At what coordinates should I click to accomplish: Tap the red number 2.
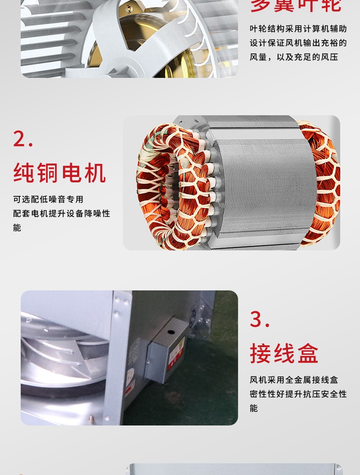23,139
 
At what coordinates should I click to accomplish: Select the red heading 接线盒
284,353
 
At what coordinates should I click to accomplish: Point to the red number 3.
260,319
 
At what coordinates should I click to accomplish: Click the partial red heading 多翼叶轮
296,5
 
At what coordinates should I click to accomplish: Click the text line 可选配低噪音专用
48,199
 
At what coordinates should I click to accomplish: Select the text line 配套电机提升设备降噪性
62,213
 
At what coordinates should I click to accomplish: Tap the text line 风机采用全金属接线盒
294,380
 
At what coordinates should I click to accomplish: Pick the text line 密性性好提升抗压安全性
298,394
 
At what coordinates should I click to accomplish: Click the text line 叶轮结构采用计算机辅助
298,29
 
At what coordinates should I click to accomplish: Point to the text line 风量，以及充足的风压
294,57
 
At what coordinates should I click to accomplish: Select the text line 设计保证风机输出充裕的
298,43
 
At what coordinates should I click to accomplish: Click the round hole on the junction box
171,331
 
